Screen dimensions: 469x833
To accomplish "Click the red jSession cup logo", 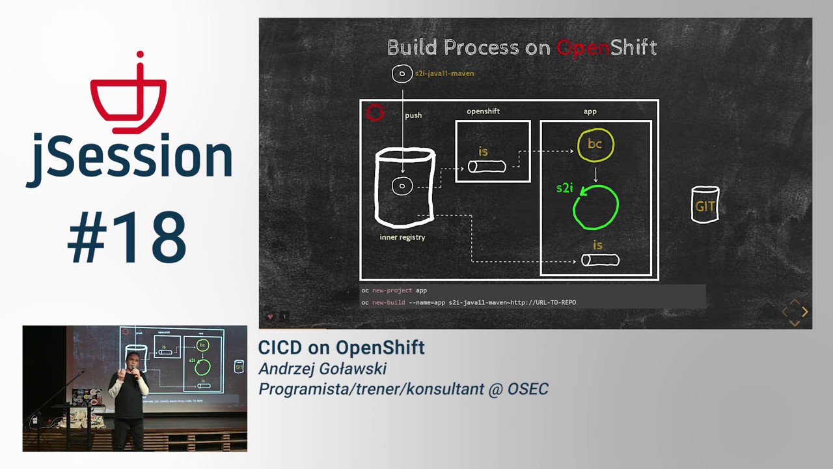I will coord(128,94).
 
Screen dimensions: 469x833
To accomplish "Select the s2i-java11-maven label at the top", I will coord(444,74).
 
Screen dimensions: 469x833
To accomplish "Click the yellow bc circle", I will coord(595,145).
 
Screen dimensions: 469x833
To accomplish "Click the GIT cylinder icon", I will coord(705,205).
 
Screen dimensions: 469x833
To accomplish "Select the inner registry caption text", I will coord(402,237).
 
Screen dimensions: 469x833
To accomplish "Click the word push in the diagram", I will coord(413,115).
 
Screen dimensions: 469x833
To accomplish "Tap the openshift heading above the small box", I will coord(483,111).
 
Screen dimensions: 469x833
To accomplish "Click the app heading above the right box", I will coord(590,111).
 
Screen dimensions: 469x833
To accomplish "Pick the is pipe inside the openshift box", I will coord(487,166).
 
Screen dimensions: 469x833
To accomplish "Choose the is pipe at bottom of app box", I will coord(599,260).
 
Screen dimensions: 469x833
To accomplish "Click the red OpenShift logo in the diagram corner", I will coord(375,113).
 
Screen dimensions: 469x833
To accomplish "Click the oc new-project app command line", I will coord(394,291).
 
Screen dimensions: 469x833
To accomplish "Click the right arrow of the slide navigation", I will coord(805,312).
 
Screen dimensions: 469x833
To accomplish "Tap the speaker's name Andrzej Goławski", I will coord(323,369).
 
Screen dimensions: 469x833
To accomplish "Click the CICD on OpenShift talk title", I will coord(342,348).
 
